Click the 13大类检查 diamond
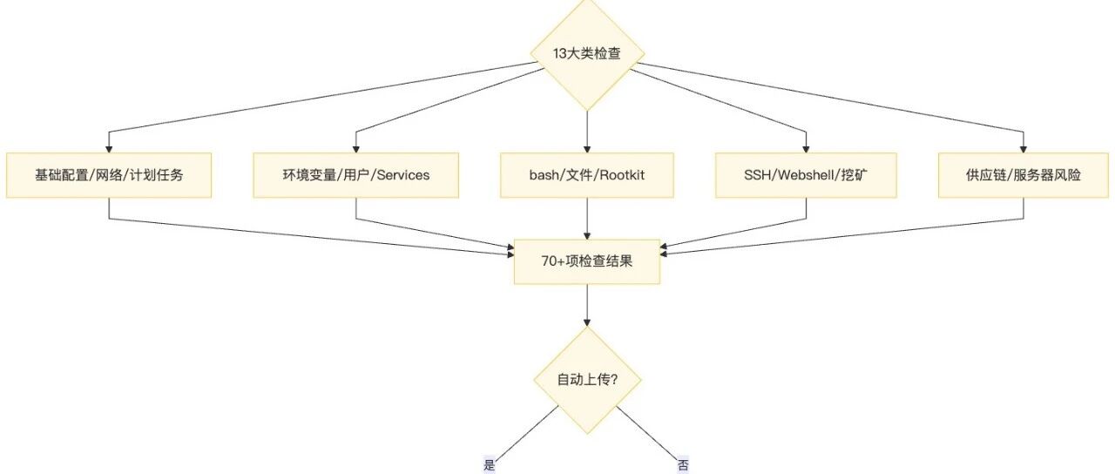click(587, 54)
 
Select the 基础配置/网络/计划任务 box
click(109, 175)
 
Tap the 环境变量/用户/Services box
click(356, 175)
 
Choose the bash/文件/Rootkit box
click(587, 175)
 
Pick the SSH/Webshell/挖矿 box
click(806, 175)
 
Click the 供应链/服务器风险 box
click(1024, 175)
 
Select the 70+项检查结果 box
click(587, 262)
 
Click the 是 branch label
click(490, 465)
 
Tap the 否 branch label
click(683, 465)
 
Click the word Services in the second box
click(403, 175)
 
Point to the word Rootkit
click(622, 175)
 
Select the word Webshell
click(806, 175)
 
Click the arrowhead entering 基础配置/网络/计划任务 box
click(109, 149)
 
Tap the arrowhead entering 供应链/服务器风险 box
click(1024, 149)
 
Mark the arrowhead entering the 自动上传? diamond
click(587, 322)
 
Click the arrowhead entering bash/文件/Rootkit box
click(587, 149)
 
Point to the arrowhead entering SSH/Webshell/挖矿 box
click(806, 149)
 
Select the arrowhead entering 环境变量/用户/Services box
click(356, 149)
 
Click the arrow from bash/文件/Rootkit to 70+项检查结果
click(587, 219)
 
